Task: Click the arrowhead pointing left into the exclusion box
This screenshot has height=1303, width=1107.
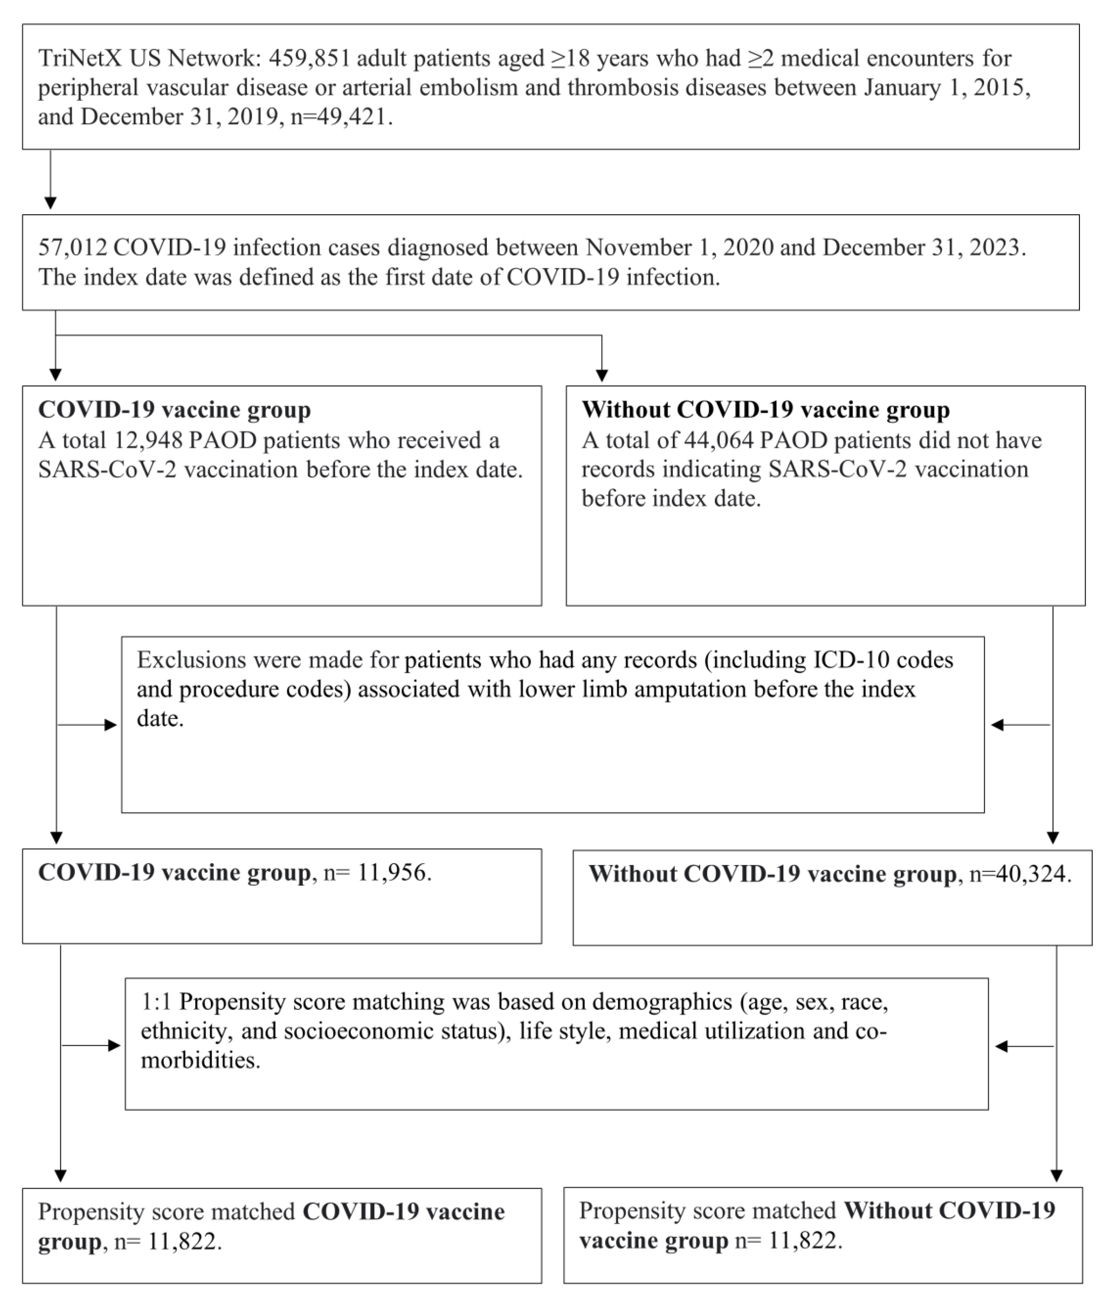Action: tap(996, 725)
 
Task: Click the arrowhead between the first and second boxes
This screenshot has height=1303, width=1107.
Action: tap(51, 203)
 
